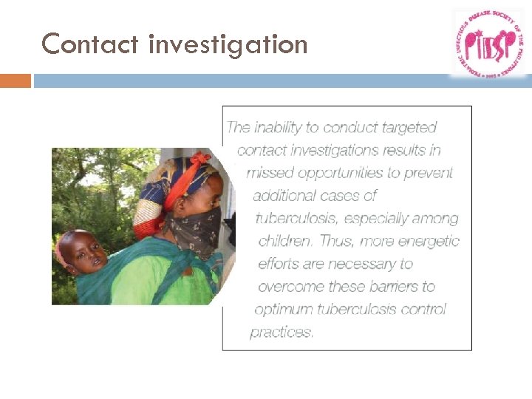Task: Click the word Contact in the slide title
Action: point(91,44)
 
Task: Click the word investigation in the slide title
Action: point(228,46)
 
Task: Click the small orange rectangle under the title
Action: point(16,81)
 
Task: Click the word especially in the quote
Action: point(392,219)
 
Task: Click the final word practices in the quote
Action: point(282,332)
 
